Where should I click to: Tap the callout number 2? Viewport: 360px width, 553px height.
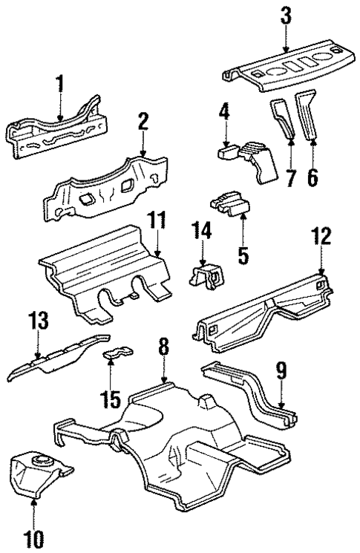click(x=142, y=125)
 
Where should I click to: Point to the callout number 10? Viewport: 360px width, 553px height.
click(x=34, y=537)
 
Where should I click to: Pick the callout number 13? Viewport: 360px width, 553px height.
click(x=39, y=321)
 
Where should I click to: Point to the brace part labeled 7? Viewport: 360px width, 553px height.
click(x=284, y=117)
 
